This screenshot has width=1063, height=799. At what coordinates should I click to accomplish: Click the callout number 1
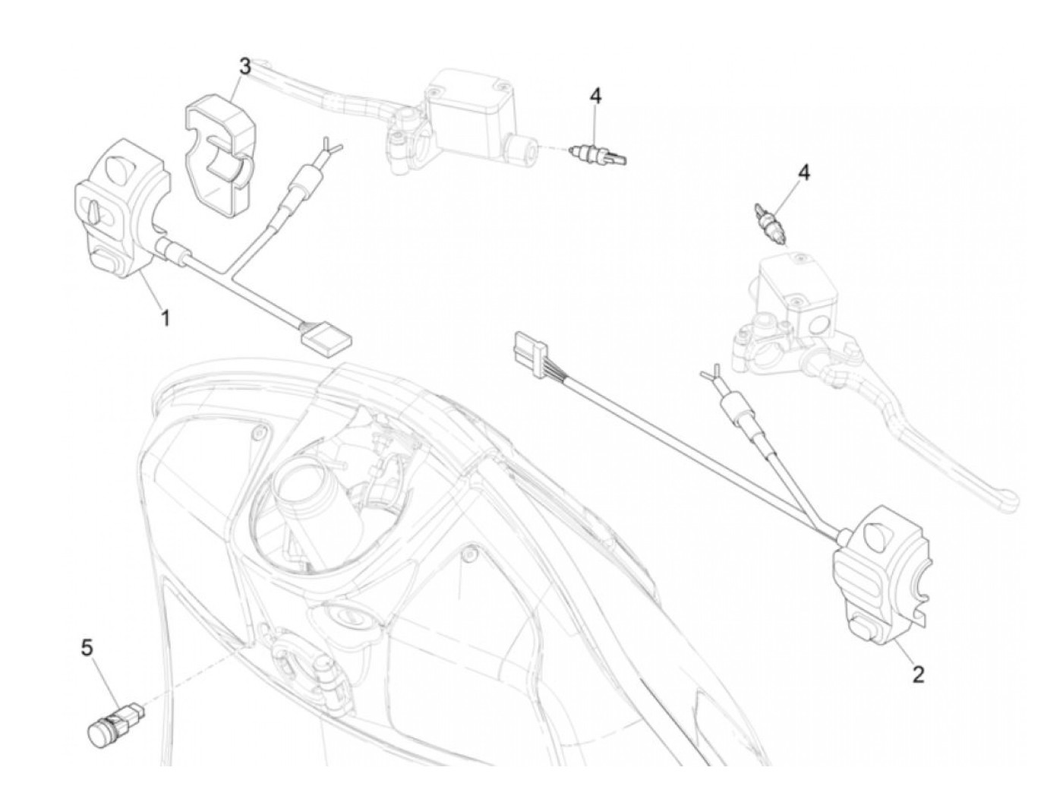coord(164,317)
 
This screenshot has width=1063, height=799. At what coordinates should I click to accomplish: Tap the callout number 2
coord(918,674)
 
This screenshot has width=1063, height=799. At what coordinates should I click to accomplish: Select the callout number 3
coord(244,67)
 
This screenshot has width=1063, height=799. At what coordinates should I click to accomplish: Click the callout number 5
coord(87,647)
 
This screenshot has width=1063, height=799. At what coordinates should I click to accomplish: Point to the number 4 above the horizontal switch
coord(595,96)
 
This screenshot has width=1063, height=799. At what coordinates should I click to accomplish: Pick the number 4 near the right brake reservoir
coord(802,172)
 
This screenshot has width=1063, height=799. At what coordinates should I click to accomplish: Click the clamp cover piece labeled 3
coord(218,153)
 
